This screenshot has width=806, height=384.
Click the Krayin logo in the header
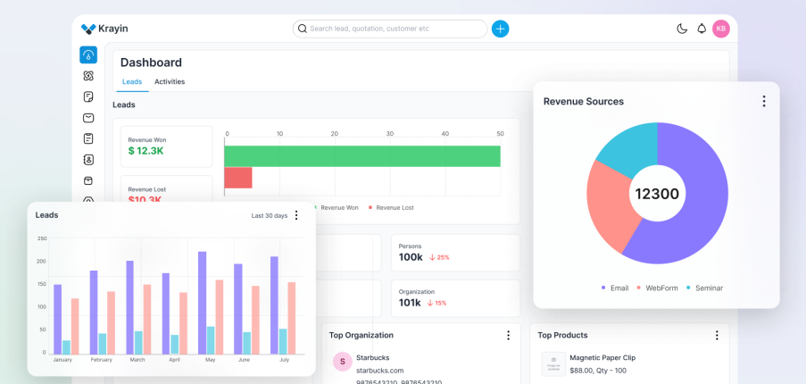point(104,29)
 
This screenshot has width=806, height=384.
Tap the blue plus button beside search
point(501,29)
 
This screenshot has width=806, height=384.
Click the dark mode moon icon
point(682,29)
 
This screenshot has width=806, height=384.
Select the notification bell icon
point(702,29)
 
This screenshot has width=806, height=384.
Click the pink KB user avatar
point(721,29)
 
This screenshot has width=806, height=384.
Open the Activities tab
point(170,82)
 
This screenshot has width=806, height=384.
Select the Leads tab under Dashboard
point(132,82)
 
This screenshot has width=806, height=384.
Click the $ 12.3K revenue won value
point(145,151)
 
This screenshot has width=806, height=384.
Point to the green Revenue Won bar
point(361,156)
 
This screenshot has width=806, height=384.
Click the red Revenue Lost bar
point(237,178)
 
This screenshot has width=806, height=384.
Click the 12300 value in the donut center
point(657,194)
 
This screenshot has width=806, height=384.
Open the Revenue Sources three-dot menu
point(764,102)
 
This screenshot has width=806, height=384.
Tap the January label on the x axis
point(62,360)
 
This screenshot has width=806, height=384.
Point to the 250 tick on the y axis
point(42,238)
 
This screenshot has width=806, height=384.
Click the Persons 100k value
point(411,257)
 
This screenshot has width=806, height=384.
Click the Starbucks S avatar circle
point(342,362)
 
